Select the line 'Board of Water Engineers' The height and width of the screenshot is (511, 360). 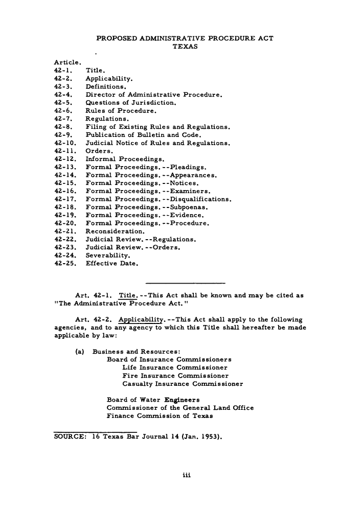[x=152, y=399]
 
